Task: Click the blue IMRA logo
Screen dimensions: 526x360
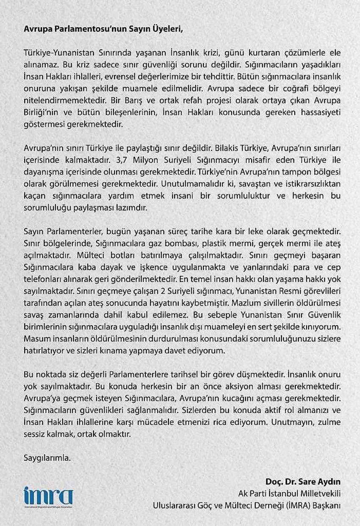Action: pyautogui.click(x=49, y=496)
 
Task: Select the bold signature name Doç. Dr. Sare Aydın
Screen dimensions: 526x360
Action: pyautogui.click(x=303, y=482)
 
